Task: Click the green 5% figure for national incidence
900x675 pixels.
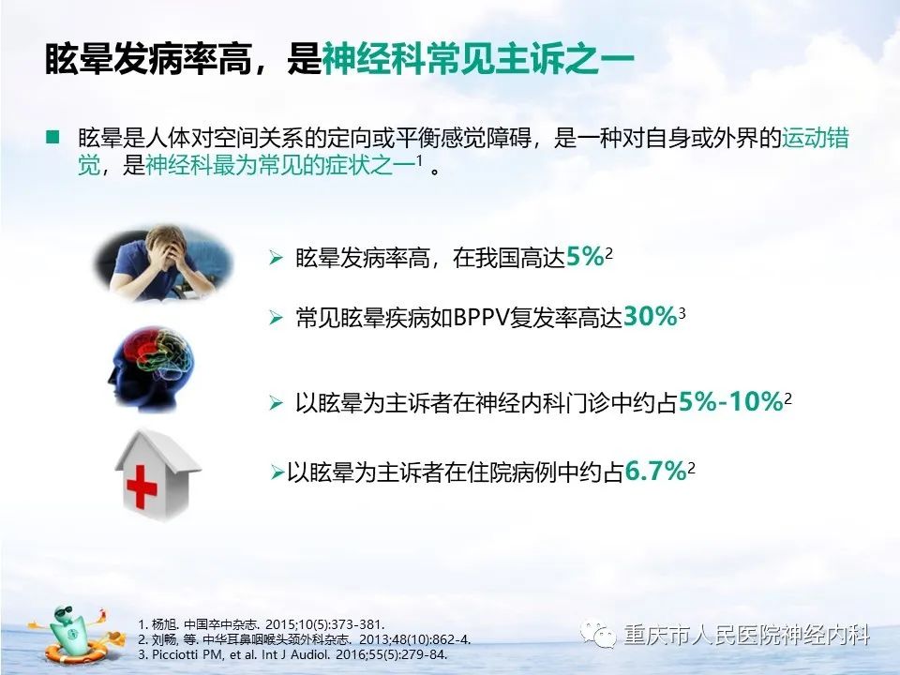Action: [585, 257]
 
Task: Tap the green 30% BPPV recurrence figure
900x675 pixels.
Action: [650, 316]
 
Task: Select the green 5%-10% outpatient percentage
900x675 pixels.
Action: [730, 402]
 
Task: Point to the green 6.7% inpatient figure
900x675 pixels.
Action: [655, 472]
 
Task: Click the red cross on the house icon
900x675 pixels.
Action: [142, 487]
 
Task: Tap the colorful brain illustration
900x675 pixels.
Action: [152, 367]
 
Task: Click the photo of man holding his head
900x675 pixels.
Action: [163, 262]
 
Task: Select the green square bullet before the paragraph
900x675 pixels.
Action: [52, 137]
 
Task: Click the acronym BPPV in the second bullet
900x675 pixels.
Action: [481, 318]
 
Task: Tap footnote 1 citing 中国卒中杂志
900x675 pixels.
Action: [262, 624]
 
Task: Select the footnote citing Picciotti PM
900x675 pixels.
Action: [292, 654]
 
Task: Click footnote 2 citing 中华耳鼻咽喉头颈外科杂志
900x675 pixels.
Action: [304, 639]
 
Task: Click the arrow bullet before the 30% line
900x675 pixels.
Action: [276, 318]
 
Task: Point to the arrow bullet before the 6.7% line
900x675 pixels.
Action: [277, 472]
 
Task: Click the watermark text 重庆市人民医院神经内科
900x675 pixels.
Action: [747, 635]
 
